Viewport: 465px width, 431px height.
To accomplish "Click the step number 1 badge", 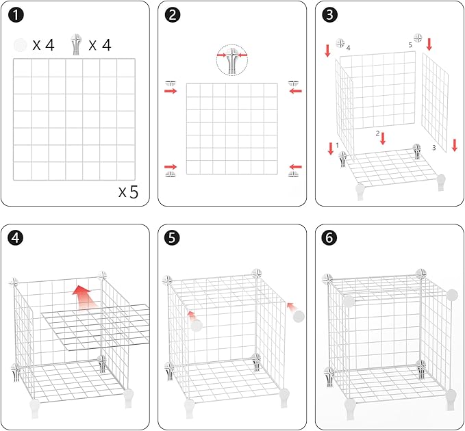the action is click(16, 15).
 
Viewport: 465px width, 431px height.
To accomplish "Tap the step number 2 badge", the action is click(173, 15).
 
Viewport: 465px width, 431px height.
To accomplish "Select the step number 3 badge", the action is click(329, 15).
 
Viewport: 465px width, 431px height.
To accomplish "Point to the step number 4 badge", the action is click(16, 238).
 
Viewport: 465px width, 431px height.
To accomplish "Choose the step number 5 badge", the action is click(173, 238).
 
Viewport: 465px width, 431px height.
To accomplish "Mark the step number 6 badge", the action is click(329, 238).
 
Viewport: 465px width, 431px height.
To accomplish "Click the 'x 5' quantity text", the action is click(129, 192).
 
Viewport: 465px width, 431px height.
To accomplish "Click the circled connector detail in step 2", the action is click(232, 60).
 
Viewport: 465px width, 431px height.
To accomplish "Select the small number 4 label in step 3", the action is click(348, 48).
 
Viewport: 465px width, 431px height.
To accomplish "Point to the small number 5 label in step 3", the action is click(410, 45).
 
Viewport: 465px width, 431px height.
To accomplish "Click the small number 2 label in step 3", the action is click(377, 133).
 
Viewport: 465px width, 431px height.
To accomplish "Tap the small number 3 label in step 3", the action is click(434, 148).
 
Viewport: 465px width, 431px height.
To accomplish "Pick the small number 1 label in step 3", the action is click(337, 145).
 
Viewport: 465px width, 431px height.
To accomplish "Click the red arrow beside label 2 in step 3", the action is click(383, 138).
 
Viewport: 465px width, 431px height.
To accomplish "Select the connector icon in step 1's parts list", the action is click(76, 44).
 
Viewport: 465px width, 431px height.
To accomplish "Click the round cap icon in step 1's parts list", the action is click(20, 45).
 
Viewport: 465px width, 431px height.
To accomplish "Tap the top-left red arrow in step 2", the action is click(171, 91).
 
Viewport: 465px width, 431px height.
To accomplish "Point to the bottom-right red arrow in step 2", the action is click(295, 167).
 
